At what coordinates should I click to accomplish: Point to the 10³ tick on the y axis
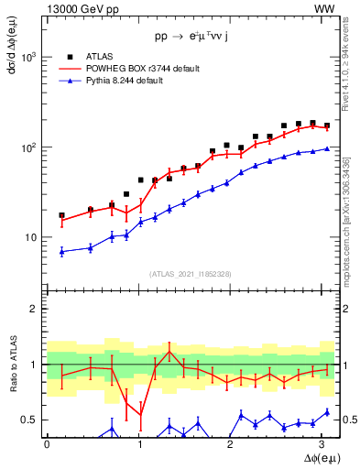[x=30, y=57]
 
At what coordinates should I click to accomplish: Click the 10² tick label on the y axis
[x=30, y=147]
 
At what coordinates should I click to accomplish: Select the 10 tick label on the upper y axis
[x=32, y=237]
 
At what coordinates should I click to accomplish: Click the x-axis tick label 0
[x=47, y=442]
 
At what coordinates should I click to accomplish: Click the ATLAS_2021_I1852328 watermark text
[x=191, y=273]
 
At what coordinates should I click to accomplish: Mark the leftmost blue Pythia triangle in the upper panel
[x=61, y=251]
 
